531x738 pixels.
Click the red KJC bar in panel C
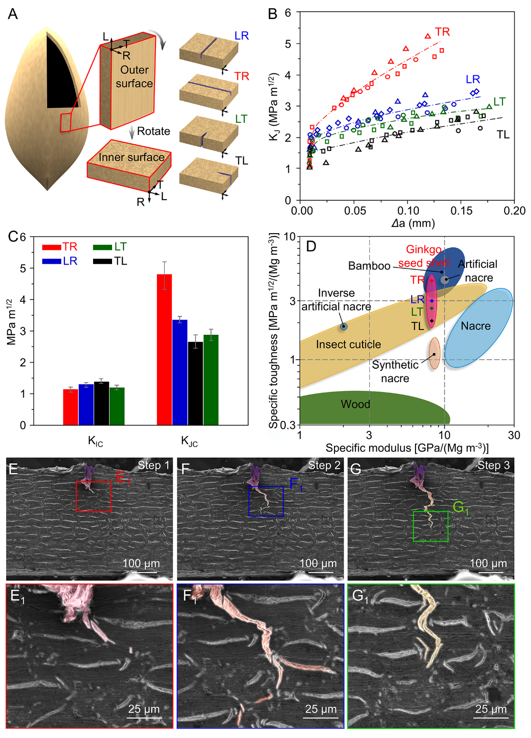coord(164,349)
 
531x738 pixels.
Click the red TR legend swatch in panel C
coord(52,247)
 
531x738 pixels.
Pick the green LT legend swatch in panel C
coord(102,247)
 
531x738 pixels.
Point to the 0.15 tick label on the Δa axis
coord(461,211)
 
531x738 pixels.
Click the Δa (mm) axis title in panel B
coord(413,224)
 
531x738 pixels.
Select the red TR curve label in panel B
coord(442,32)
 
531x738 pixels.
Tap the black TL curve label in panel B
coord(503,135)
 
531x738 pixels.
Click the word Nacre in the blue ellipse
coord(476,326)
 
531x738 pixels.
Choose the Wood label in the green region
coord(355,404)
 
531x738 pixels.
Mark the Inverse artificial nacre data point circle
coord(344,327)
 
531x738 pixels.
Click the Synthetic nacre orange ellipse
coord(434,353)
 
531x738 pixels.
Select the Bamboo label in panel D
coord(369,266)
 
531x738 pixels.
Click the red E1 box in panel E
coord(94,497)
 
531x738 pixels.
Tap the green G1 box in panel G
coord(430,526)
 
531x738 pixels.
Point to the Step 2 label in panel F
coord(324,465)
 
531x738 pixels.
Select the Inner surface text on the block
coord(132,157)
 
